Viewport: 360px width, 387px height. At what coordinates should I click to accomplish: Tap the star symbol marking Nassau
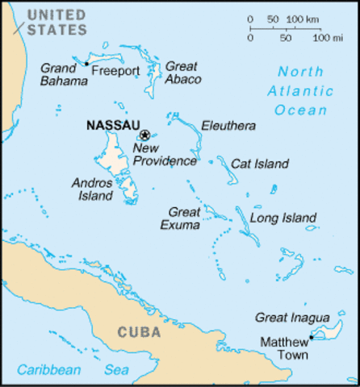[144, 135]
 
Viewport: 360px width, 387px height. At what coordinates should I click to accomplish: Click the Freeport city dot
[86, 64]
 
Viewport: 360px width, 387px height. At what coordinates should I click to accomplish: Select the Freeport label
[115, 71]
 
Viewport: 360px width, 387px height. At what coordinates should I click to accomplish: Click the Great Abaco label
[182, 73]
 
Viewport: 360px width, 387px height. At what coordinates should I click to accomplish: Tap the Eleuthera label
[228, 126]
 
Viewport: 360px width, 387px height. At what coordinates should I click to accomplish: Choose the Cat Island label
[259, 164]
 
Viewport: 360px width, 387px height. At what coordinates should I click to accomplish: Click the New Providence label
[164, 155]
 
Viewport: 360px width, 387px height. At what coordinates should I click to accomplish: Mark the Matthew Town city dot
[311, 338]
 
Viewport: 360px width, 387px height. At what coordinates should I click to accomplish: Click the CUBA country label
[139, 331]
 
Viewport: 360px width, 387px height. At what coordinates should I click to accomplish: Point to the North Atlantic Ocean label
[300, 89]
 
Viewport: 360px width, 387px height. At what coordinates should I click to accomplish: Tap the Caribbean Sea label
[72, 370]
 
